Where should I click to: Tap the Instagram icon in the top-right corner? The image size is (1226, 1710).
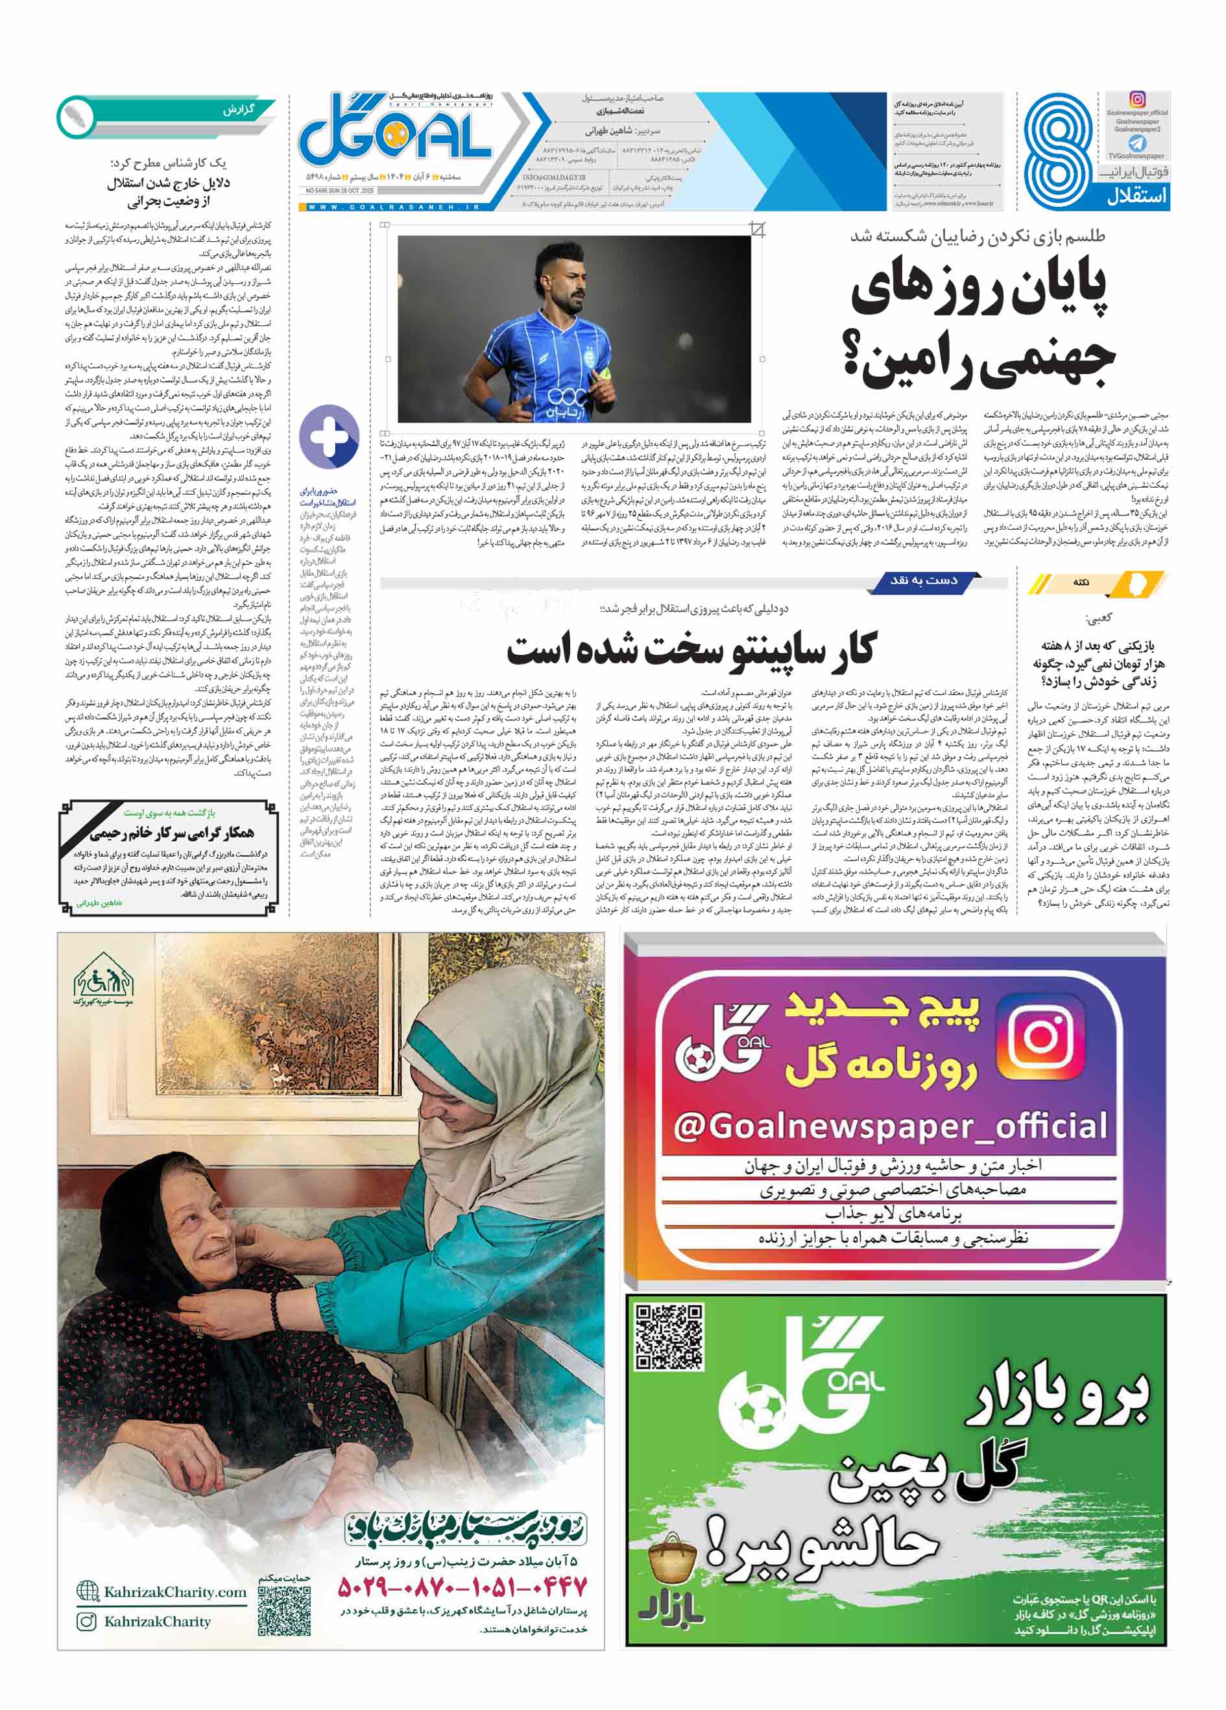point(1137,99)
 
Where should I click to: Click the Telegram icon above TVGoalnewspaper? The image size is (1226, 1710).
point(1136,143)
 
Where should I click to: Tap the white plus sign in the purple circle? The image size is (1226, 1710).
point(329,436)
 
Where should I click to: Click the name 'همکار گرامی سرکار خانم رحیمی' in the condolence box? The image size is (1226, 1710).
point(172,833)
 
